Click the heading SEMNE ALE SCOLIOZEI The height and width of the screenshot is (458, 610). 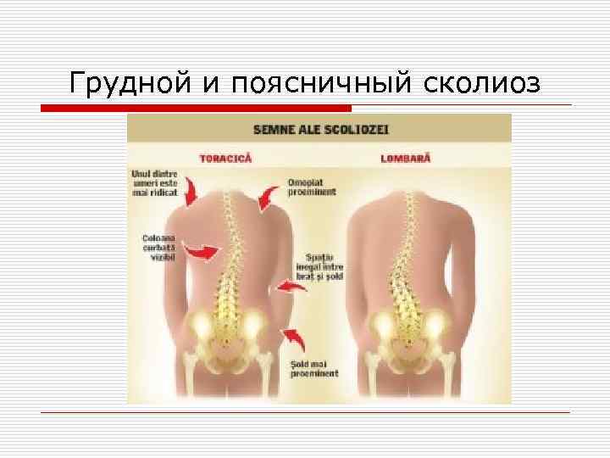(320, 130)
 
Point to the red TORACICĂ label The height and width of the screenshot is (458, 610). (225, 158)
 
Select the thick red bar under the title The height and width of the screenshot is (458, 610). (197, 109)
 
